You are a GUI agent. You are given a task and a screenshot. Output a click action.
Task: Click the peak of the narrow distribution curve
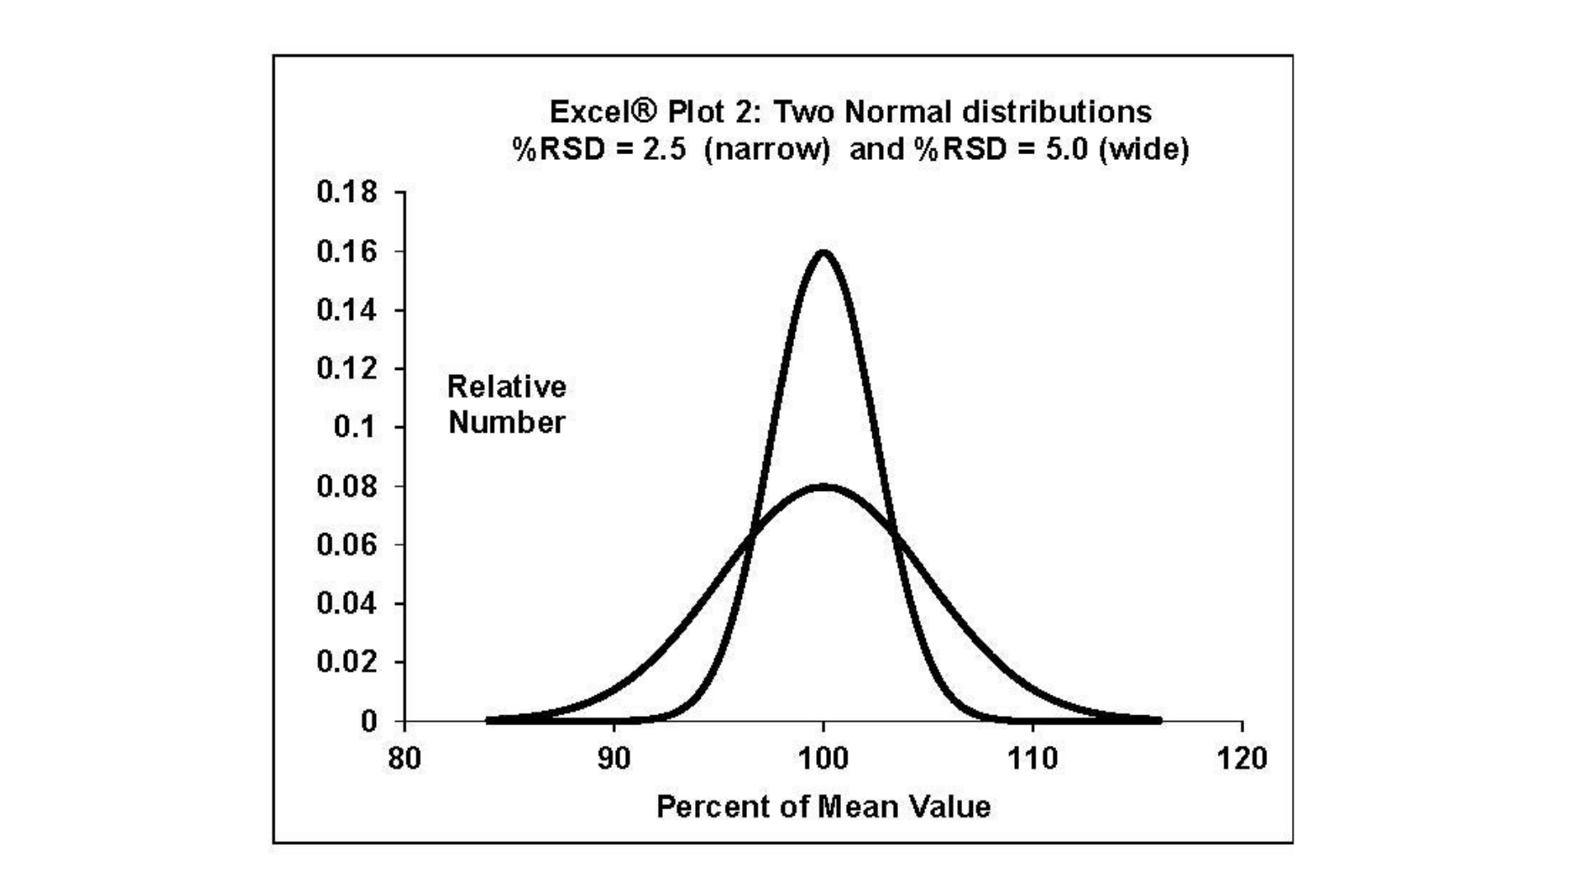[x=823, y=252]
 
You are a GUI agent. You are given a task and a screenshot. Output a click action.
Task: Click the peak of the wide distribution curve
[x=823, y=486]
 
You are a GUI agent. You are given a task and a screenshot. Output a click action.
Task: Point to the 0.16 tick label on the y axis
[x=346, y=251]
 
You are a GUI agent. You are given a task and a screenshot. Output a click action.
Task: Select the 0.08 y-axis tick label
[x=346, y=486]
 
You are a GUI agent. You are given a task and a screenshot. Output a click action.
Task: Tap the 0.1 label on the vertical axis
[x=355, y=427]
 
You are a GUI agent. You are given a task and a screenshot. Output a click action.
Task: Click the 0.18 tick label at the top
[x=346, y=192]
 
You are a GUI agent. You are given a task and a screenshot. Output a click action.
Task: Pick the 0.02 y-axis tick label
[x=346, y=662]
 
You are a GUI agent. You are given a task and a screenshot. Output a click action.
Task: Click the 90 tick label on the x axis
[x=613, y=758]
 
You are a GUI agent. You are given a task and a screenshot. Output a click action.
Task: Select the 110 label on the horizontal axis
[x=1032, y=758]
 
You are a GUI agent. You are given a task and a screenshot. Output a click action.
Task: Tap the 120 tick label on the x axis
[x=1242, y=758]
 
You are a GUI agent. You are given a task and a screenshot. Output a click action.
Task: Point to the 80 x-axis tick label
[x=404, y=758]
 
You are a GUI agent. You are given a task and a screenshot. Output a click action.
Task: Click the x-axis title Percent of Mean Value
[x=823, y=807]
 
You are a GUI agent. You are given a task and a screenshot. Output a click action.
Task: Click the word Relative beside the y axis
[x=506, y=386]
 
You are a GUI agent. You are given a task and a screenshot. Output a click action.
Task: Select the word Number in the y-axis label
[x=506, y=423]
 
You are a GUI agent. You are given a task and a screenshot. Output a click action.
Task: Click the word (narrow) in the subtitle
[x=766, y=149]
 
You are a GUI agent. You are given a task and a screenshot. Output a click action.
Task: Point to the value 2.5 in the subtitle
[x=664, y=149]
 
